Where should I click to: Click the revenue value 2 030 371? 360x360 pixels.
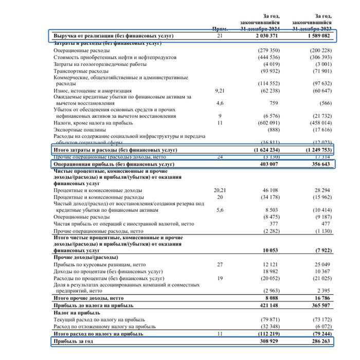[267, 37]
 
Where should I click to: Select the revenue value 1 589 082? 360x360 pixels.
[320, 37]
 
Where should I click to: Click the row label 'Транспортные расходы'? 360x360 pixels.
[81, 71]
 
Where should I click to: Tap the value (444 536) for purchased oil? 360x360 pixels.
[268, 58]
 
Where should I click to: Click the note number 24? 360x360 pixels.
[220, 156]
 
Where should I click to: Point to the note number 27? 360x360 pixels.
[220, 264]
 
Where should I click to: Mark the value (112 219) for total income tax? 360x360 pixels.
[268, 333]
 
